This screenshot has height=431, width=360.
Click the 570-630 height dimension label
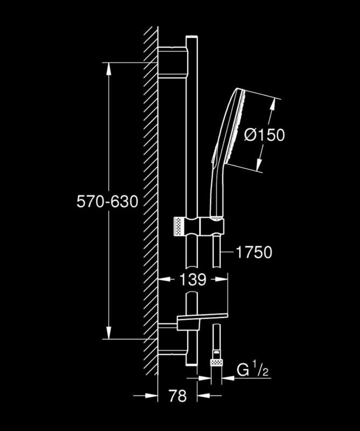pos(107,201)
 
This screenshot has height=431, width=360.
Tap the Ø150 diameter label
pos(265,135)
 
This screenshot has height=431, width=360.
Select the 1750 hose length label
pos(254,252)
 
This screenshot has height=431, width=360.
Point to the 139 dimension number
pos(193,280)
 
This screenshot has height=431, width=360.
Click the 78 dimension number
pos(178,396)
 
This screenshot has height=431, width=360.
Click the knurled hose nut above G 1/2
pos(216,362)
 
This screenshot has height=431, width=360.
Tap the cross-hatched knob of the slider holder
pos(179,226)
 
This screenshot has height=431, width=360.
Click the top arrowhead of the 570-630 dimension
pos(109,69)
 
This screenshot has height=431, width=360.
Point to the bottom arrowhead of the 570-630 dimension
pos(109,332)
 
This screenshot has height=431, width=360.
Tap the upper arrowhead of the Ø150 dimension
pos(273,104)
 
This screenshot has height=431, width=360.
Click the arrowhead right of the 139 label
pos(221,279)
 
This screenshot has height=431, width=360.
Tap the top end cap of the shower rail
pos(192,37)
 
